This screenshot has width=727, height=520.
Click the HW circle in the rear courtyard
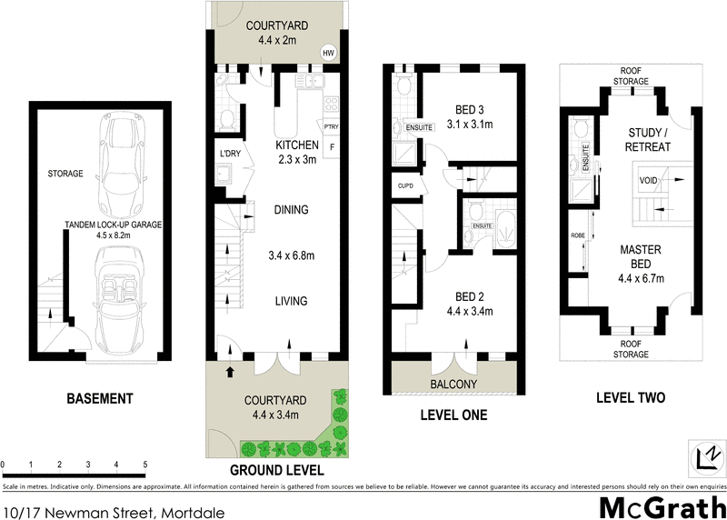click(x=327, y=54)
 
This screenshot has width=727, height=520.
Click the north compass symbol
click(x=705, y=453)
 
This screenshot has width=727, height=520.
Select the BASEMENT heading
click(x=100, y=398)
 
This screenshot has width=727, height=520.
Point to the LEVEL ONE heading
click(x=453, y=415)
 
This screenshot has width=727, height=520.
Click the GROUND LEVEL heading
click(x=277, y=470)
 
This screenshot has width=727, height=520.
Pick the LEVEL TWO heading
click(x=631, y=397)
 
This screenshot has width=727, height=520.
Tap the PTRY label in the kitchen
click(x=331, y=126)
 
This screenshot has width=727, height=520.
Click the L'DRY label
click(x=229, y=154)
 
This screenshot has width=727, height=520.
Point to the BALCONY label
click(x=453, y=385)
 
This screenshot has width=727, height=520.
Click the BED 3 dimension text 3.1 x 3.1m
click(x=471, y=125)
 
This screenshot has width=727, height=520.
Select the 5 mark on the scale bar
click(x=144, y=465)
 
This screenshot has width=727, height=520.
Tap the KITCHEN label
click(x=297, y=145)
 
